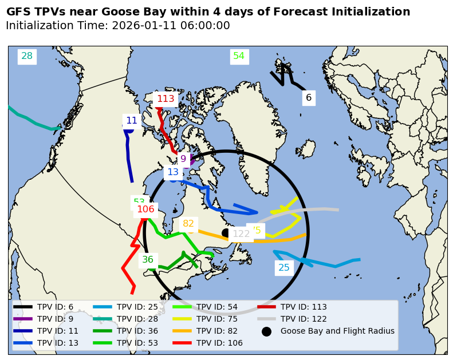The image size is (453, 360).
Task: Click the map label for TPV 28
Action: (x=27, y=56)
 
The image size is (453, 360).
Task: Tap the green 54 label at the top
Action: (x=239, y=56)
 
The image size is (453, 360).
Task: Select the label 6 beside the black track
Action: (x=309, y=98)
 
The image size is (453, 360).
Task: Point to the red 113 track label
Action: (x=166, y=99)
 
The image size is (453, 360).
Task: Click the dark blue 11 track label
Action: (x=132, y=121)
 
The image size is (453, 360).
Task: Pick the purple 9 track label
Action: (x=183, y=159)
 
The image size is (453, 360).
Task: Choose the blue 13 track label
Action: (x=173, y=172)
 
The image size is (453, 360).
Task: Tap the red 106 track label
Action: (x=145, y=209)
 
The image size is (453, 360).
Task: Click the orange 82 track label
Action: (x=188, y=224)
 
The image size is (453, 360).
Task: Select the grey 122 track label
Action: (x=241, y=234)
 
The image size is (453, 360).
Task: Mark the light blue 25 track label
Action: (x=284, y=267)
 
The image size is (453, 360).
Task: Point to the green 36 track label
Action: (x=148, y=260)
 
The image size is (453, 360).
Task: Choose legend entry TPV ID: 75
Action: (x=216, y=319)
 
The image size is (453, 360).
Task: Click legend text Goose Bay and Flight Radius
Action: (x=337, y=331)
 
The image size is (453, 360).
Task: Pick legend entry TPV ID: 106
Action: (x=219, y=343)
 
